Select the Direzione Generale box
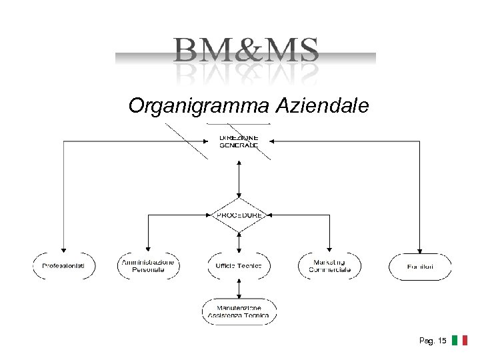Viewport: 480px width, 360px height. click(239, 141)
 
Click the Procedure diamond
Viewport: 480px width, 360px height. click(239, 215)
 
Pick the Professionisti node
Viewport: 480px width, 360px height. click(64, 265)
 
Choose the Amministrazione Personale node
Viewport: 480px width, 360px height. click(148, 265)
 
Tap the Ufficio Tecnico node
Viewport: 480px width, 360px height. click(239, 265)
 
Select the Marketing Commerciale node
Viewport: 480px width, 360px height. click(329, 265)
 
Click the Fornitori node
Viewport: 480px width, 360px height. click(420, 265)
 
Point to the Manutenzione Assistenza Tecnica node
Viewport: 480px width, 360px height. click(239, 311)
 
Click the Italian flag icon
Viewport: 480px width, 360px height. click(459, 341)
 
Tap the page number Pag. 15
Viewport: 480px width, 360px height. click(433, 341)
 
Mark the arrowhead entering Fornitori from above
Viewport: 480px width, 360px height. click(420, 249)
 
